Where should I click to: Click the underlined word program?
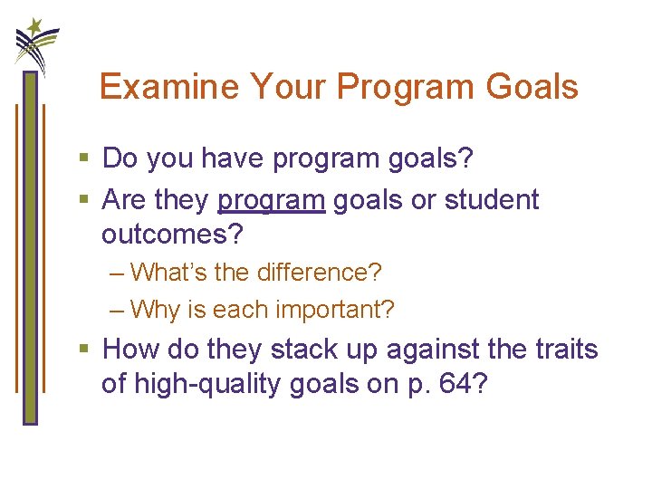click(271, 200)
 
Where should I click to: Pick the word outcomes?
click(173, 235)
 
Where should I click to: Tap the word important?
click(335, 310)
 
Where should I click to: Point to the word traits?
click(566, 350)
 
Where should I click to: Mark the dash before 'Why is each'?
click(116, 310)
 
